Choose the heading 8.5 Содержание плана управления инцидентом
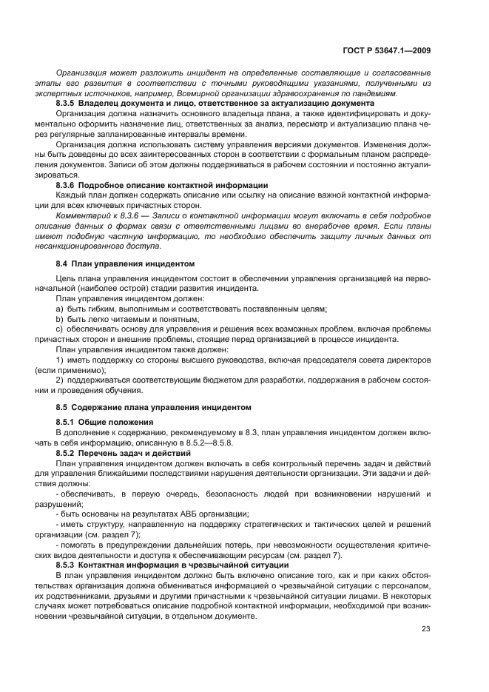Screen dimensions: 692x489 tap(154, 407)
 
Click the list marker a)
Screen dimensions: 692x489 tap(60, 308)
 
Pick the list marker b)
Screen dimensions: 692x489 tap(60, 318)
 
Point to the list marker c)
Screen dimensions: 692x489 tap(60, 329)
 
